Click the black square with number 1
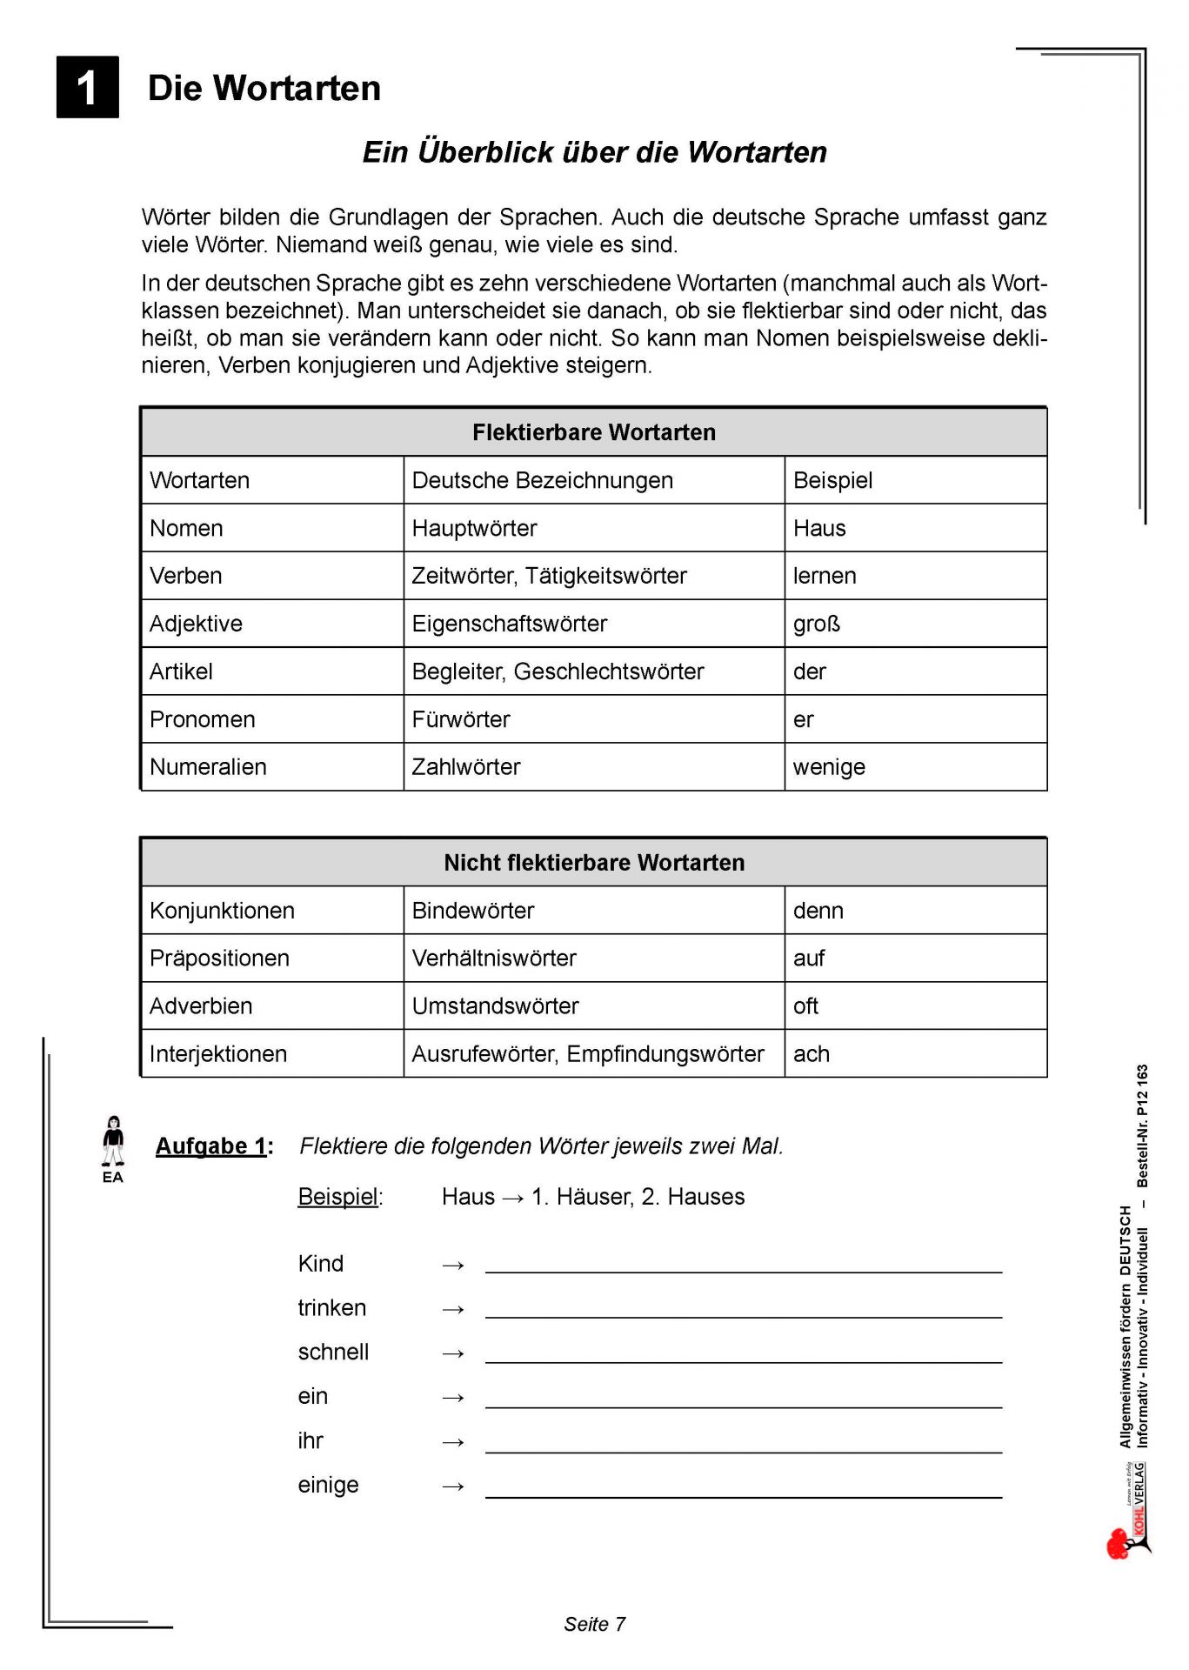coord(87,87)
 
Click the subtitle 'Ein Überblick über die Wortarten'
coord(594,152)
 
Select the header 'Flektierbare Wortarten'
coord(594,432)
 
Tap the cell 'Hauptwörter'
coord(474,528)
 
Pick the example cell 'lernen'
coord(825,576)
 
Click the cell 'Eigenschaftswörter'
coord(510,624)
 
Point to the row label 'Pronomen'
coord(203,719)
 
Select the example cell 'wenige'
coord(829,767)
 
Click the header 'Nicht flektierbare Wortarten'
coord(594,863)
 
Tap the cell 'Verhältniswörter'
coord(494,959)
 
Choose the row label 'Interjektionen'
coord(218,1054)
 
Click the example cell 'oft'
coord(806,1006)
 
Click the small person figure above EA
coord(113,1141)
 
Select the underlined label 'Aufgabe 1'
coord(211,1146)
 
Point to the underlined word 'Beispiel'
coord(337,1197)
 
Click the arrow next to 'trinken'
coord(453,1309)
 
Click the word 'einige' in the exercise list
coord(328,1485)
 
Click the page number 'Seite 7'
coord(594,1624)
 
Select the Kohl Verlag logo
coord(1129,1513)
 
